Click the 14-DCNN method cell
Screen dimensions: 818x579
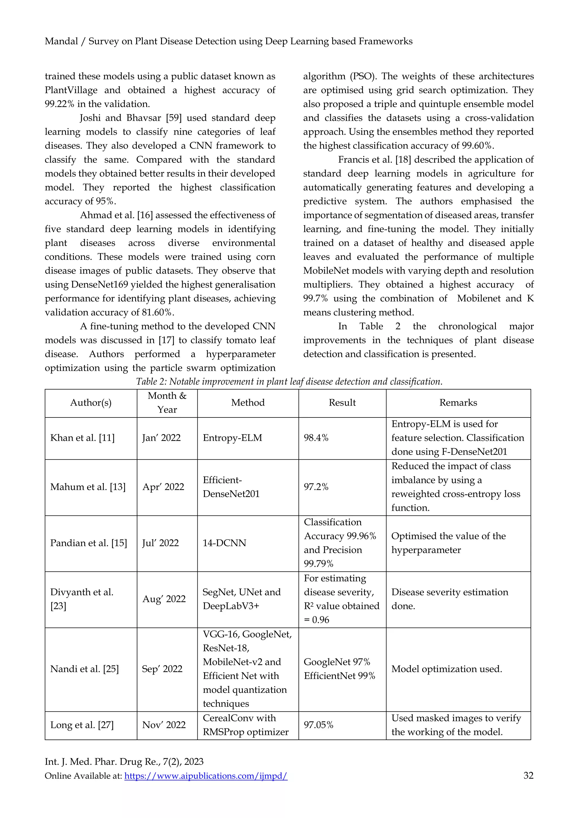point(224,543)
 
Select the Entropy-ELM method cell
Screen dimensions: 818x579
point(232,438)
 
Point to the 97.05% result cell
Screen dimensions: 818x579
point(318,725)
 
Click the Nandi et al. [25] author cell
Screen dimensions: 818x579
point(85,669)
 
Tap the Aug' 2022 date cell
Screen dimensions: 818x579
point(164,599)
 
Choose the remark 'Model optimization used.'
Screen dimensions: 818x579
point(446,669)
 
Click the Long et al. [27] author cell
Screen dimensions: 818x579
point(82,725)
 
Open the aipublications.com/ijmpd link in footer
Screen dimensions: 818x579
point(206,776)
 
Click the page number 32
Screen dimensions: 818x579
point(528,776)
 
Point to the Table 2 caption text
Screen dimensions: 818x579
point(289,382)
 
